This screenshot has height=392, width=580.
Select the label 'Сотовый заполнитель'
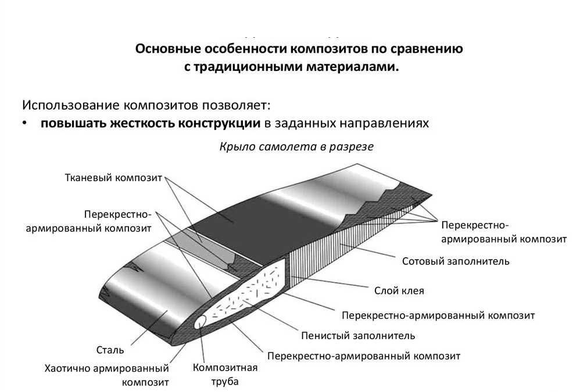click(x=456, y=261)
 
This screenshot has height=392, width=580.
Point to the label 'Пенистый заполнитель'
click(x=357, y=335)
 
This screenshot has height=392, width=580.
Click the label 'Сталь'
click(x=110, y=350)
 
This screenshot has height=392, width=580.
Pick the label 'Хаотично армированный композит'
click(x=107, y=375)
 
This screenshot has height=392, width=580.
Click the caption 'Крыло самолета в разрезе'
click(x=296, y=147)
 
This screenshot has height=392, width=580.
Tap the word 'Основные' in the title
click(x=163, y=49)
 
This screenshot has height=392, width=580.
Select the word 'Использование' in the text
click(x=71, y=106)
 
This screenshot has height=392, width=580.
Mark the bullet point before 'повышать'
click(x=26, y=124)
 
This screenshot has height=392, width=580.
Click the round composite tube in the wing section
click(x=201, y=321)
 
